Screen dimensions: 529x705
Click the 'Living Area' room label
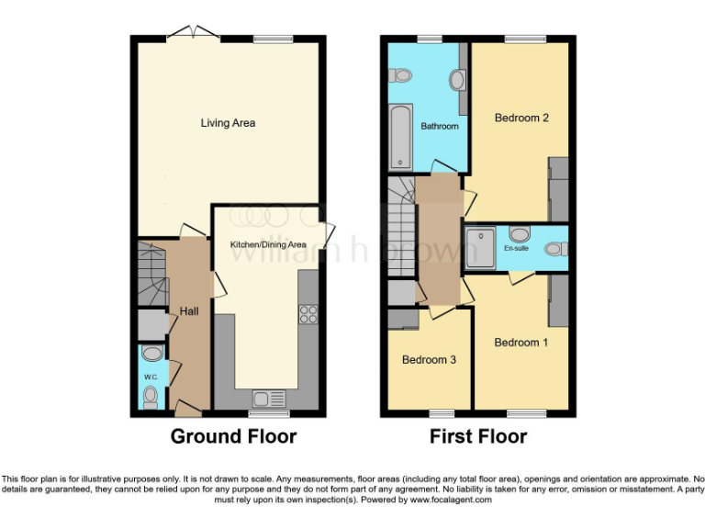click(228, 123)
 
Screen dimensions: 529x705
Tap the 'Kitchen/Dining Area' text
click(268, 245)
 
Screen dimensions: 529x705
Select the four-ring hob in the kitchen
click(308, 313)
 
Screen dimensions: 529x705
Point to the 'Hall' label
click(189, 312)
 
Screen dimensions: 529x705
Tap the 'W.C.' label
click(151, 377)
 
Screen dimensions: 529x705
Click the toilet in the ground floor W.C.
click(151, 396)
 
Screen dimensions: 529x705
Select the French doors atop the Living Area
click(193, 34)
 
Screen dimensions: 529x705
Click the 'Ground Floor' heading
click(233, 436)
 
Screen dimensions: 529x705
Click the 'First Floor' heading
click(478, 436)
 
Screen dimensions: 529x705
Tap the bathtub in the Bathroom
click(400, 137)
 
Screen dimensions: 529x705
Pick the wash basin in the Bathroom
click(457, 81)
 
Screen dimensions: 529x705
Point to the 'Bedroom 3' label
click(429, 360)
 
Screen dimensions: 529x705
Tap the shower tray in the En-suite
click(482, 247)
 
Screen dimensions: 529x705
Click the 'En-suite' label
click(516, 248)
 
